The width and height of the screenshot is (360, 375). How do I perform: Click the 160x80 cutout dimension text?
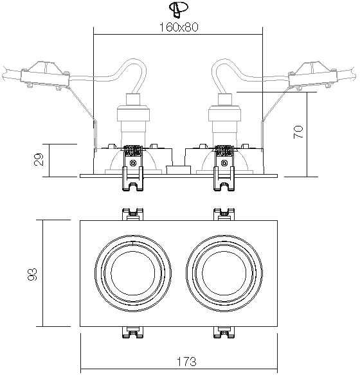pos(179,27)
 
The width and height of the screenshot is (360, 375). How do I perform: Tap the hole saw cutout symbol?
pos(179,9)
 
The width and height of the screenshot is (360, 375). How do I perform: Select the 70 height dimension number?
pos(298,132)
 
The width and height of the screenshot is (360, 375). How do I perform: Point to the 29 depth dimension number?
pos(39,159)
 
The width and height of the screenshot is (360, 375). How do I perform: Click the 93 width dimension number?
pos(32,274)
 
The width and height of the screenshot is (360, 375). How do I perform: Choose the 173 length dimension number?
pos(186,362)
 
